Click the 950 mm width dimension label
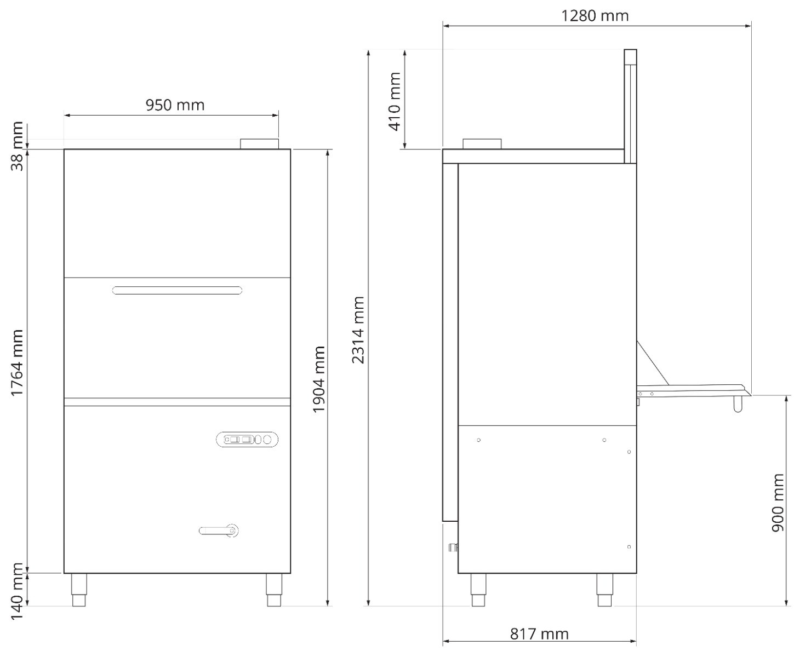tap(175, 105)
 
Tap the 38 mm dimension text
tap(18, 146)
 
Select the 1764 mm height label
tap(18, 363)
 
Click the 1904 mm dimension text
tap(319, 379)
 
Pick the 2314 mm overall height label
tap(358, 330)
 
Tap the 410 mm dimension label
tap(395, 102)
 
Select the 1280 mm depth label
tap(595, 16)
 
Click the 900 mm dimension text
tap(778, 503)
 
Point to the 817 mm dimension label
tap(539, 633)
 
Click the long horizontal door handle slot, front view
tap(177, 290)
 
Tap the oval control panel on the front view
tap(247, 440)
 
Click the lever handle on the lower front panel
tap(219, 531)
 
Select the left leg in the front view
tap(79, 590)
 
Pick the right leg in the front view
tap(274, 590)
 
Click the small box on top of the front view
tap(260, 144)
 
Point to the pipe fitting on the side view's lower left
tap(453, 547)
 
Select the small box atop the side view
tap(482, 144)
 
